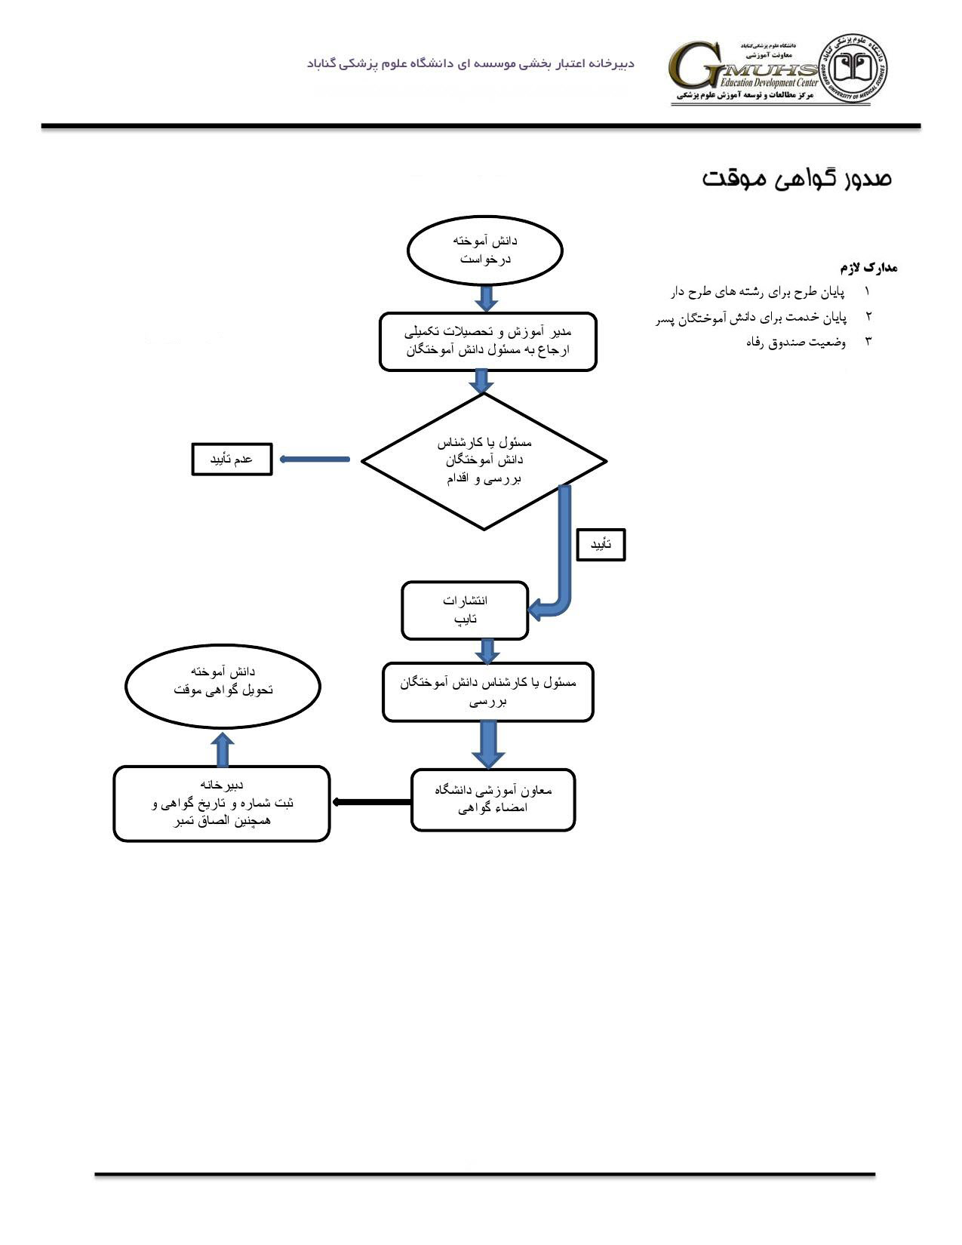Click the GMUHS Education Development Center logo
click(743, 72)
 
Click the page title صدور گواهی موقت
click(797, 179)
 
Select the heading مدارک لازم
click(868, 268)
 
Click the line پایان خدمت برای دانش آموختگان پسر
click(751, 318)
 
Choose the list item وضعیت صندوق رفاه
click(796, 343)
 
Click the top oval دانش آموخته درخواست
click(485, 251)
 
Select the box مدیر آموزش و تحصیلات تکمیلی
click(487, 342)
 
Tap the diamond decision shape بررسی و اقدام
click(484, 461)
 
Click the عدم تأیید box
click(232, 460)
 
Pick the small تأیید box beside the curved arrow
click(601, 545)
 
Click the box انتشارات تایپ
click(465, 610)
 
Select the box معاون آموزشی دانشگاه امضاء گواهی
click(493, 800)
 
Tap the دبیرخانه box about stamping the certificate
click(222, 804)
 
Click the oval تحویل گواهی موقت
click(223, 687)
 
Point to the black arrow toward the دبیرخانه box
click(371, 802)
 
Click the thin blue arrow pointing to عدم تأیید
click(314, 460)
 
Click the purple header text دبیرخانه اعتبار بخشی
click(471, 63)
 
